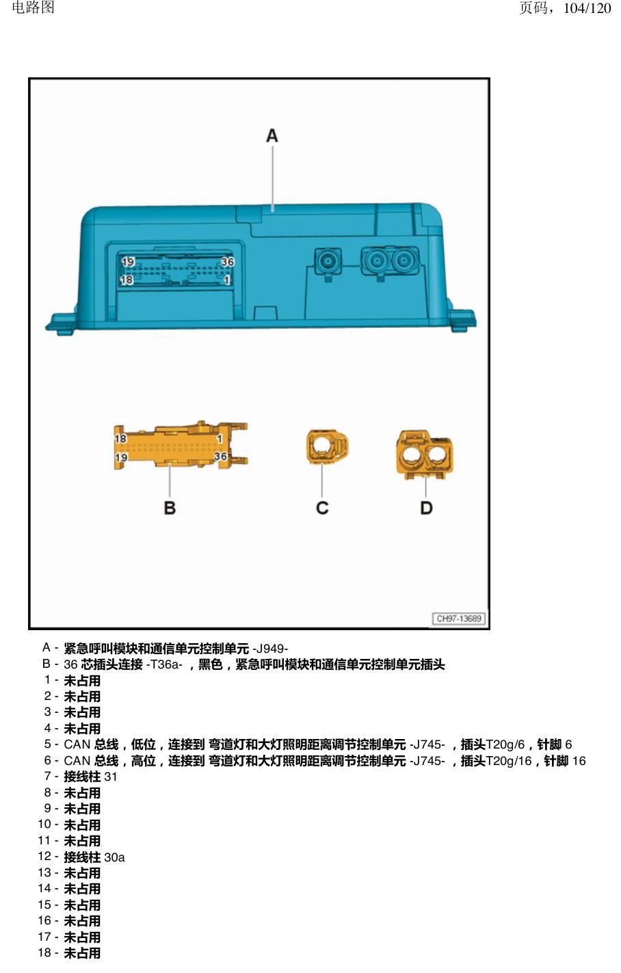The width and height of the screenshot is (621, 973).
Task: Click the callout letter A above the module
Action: pos(272,136)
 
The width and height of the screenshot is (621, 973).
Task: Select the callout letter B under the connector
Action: pos(170,508)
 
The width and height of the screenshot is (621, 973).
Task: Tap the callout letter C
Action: pos(322,508)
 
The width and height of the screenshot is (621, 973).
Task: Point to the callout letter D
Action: pos(427,508)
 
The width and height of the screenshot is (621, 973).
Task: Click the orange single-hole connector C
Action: pos(327,447)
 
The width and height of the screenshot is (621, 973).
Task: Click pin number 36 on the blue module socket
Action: pos(227,262)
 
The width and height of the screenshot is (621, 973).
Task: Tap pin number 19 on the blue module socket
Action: pos(128,262)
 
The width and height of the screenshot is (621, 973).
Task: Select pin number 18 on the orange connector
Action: pos(120,439)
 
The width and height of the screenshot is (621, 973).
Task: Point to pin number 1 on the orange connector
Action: pos(220,439)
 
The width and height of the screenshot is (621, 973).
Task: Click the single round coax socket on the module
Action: pos(328,261)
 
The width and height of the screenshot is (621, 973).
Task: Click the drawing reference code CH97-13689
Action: pos(459,619)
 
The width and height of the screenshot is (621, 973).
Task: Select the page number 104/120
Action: pos(587,8)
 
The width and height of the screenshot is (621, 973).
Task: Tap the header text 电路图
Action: pos(33,8)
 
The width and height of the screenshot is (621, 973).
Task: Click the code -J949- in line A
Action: pos(270,649)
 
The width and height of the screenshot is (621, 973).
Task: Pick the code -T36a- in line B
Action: pos(164,664)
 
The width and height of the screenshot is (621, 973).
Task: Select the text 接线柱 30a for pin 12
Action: pos(94,857)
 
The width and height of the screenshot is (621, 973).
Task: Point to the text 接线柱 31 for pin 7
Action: pos(90,777)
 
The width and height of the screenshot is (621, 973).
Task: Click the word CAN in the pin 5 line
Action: pos(77,744)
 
